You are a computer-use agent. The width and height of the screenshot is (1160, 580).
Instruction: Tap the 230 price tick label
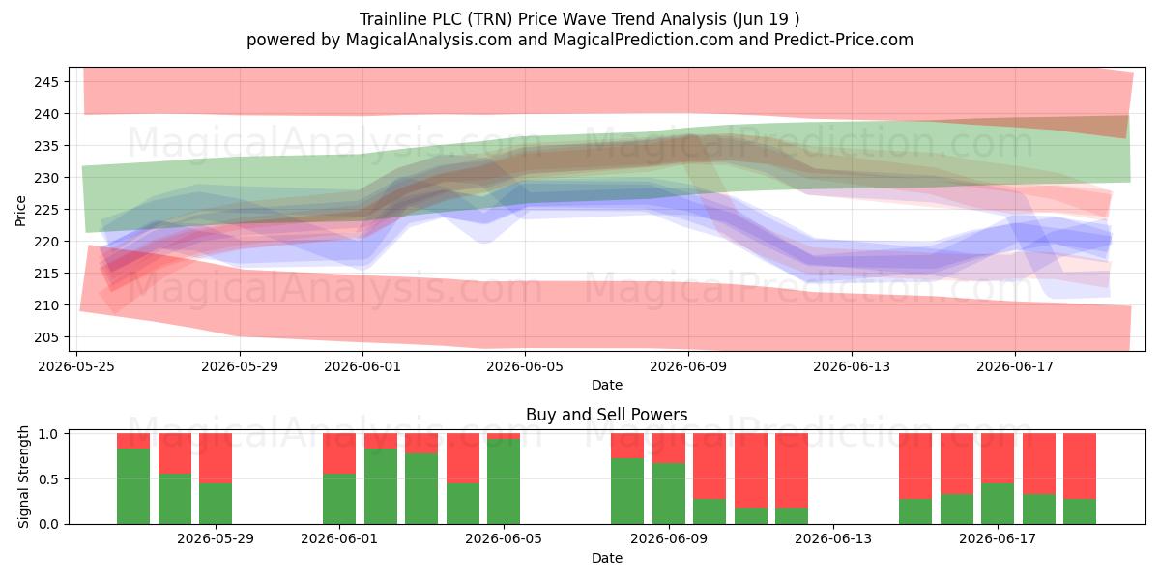(46, 178)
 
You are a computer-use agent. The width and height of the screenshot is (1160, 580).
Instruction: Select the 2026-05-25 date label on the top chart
(76, 366)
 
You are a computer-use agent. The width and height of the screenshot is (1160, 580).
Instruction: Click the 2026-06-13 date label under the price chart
(852, 366)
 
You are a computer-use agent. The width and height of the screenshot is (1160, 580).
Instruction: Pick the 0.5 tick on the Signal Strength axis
(49, 479)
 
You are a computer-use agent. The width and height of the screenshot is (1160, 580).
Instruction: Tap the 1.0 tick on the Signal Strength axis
(49, 433)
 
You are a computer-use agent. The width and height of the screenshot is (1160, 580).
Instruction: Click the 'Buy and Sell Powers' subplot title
(606, 415)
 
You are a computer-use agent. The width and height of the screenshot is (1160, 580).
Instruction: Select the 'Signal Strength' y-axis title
(23, 477)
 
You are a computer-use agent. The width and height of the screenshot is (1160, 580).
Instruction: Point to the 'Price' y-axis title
(20, 211)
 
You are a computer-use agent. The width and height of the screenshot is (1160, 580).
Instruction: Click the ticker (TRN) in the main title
(490, 19)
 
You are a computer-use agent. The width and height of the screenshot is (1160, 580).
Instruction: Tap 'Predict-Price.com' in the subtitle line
(844, 40)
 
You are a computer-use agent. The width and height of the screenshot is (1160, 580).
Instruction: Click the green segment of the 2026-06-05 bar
(504, 481)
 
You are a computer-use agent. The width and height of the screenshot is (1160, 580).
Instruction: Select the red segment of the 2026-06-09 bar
(669, 448)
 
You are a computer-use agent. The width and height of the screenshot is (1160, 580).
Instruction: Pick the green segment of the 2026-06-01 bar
(339, 499)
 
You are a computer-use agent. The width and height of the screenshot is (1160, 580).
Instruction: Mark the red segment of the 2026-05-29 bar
(216, 458)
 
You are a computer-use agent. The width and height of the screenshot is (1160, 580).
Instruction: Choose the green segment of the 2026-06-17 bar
(998, 504)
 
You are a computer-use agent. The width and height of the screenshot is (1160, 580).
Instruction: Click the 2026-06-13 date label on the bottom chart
(833, 539)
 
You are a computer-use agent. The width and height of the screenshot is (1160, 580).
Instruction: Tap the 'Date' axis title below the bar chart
(607, 558)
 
